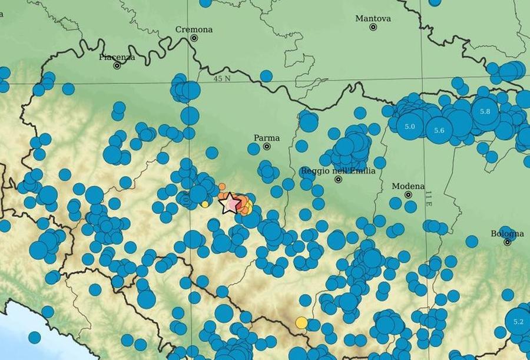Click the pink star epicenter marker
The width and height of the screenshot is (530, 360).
click(x=230, y=203)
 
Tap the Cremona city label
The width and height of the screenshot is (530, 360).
click(x=194, y=29)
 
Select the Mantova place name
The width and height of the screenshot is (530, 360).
click(x=373, y=19)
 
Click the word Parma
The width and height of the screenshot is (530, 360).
click(x=266, y=138)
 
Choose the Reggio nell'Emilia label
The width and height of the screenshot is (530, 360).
click(x=337, y=171)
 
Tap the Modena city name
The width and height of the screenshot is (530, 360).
click(x=408, y=186)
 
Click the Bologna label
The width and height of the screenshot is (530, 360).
click(x=506, y=233)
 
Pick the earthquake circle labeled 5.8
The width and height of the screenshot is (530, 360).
click(x=485, y=111)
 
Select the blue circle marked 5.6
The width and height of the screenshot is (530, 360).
click(x=439, y=131)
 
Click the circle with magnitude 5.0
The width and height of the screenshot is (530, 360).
click(x=410, y=127)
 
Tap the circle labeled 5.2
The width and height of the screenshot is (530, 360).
click(x=518, y=322)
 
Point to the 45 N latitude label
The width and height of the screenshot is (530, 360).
click(x=223, y=78)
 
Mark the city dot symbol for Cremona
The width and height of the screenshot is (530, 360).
click(x=194, y=38)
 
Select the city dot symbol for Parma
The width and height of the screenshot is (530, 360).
click(x=267, y=146)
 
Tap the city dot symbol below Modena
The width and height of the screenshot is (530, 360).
click(x=408, y=194)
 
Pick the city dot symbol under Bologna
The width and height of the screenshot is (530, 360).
click(x=507, y=242)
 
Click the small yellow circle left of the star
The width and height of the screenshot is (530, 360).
click(x=204, y=204)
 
